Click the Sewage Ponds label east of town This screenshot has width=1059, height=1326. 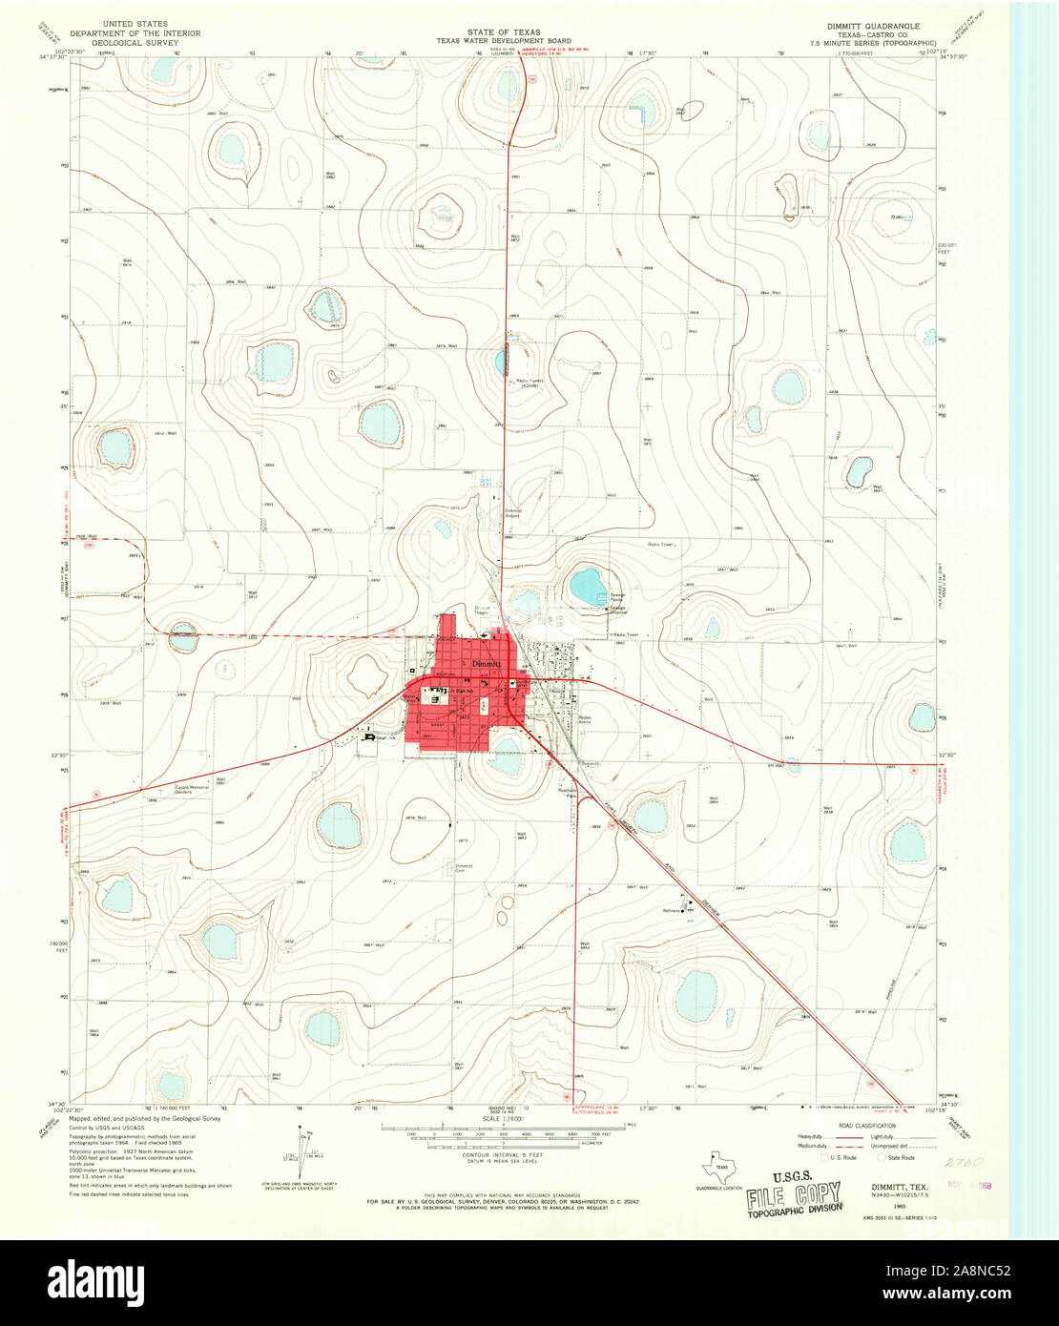tap(618, 597)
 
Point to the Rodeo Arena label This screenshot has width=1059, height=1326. tap(584, 721)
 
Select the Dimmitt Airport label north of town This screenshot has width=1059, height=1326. tap(513, 513)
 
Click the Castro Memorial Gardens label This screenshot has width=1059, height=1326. tap(191, 789)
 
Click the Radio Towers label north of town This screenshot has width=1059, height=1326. tap(529, 383)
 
